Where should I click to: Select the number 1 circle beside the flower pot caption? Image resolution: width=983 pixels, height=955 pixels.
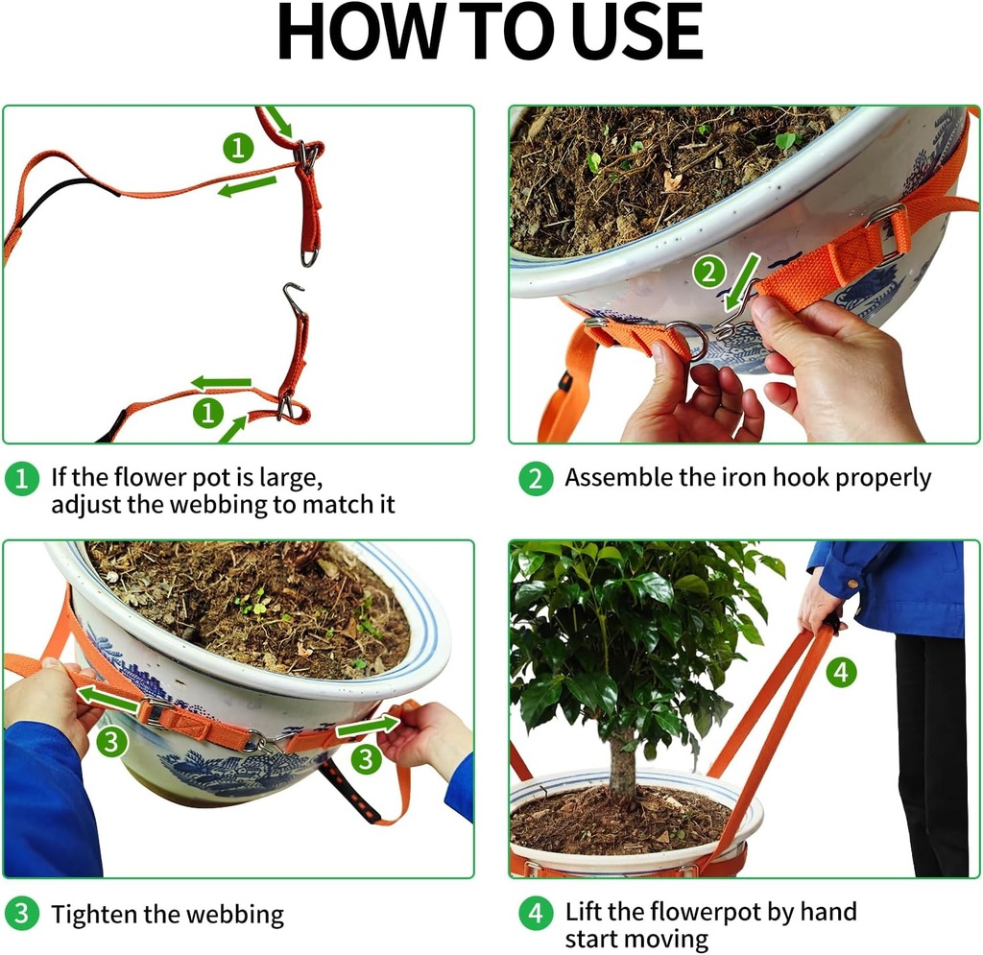click(x=21, y=478)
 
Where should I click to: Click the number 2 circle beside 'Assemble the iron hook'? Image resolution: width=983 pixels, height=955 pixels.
click(x=536, y=478)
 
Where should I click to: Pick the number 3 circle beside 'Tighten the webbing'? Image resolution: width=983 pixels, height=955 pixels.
click(x=21, y=914)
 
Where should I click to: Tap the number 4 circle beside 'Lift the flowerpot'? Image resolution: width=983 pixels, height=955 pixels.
click(x=536, y=913)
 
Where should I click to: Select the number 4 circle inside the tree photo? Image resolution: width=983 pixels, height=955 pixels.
click(x=841, y=673)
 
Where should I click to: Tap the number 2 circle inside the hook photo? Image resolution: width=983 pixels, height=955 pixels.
click(x=708, y=273)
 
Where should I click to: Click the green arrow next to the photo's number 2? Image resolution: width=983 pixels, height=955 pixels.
click(x=742, y=278)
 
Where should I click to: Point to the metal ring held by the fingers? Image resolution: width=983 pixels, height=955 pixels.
click(x=687, y=339)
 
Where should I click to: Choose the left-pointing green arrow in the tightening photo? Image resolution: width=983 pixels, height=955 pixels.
click(x=108, y=699)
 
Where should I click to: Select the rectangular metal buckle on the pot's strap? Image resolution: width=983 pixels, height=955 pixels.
click(x=889, y=233)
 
